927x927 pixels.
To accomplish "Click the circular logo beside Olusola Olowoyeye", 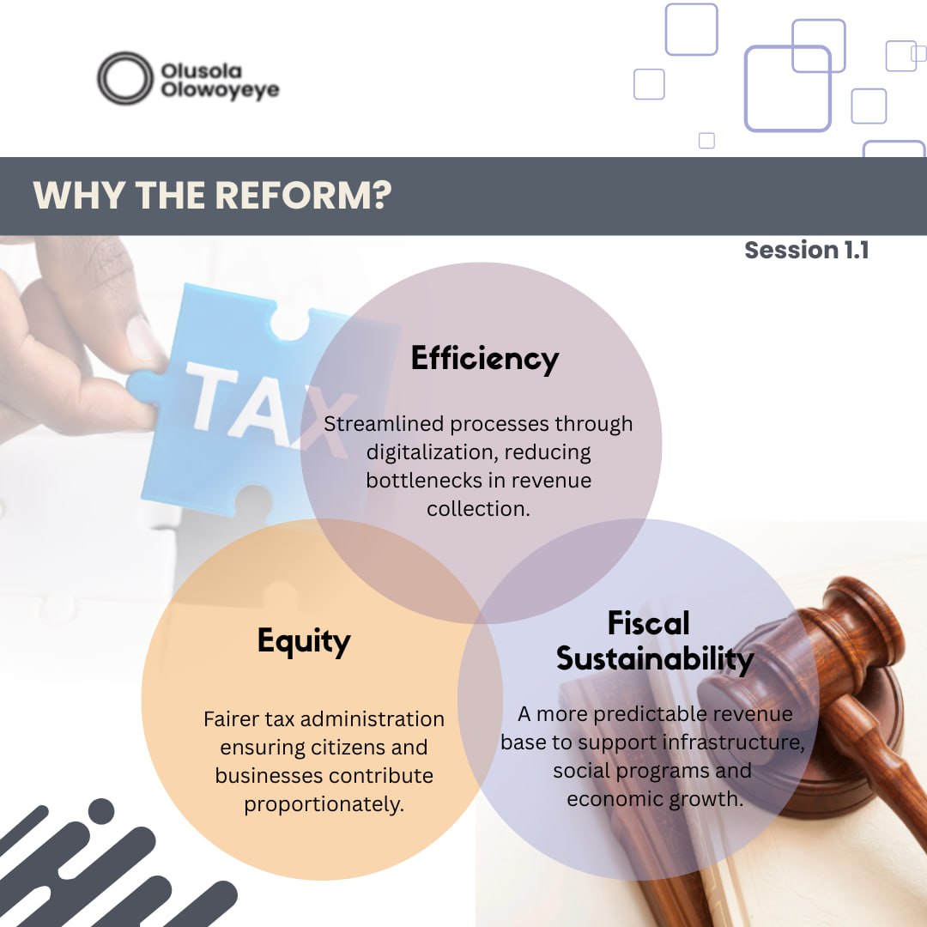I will (x=124, y=78).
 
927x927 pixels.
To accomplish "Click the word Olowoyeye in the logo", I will (x=220, y=90).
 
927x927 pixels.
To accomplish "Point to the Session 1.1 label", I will (x=806, y=250).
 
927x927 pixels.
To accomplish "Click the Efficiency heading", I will (x=484, y=358).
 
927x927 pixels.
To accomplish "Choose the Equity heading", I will (x=304, y=641).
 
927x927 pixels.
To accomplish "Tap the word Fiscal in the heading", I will (x=648, y=623).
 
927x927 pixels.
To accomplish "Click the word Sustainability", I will (x=654, y=659).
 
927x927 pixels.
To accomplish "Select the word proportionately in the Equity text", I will (x=324, y=805).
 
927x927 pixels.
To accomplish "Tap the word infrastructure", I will (x=738, y=742).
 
